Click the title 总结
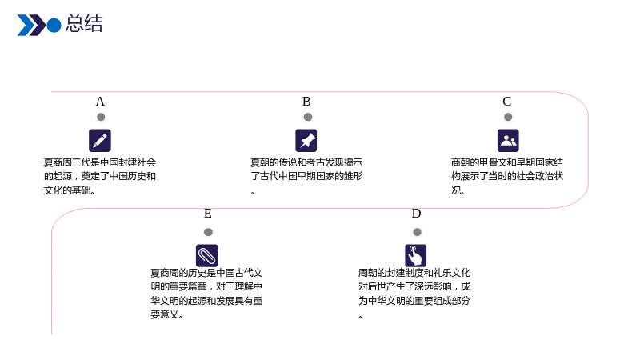click(x=84, y=24)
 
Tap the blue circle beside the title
click(x=54, y=26)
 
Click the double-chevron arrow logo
click(x=31, y=26)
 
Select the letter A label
click(x=100, y=102)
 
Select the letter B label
click(x=306, y=102)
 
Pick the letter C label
click(x=507, y=102)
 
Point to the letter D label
click(x=416, y=214)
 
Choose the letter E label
click(x=208, y=214)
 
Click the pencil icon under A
click(x=100, y=141)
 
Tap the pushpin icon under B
click(x=306, y=141)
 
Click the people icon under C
click(x=508, y=141)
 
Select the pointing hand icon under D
click(x=415, y=255)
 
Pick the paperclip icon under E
click(x=207, y=255)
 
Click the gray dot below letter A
click(x=101, y=117)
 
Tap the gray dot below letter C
click(x=508, y=117)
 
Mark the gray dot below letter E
click(x=208, y=232)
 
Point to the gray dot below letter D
click(x=417, y=232)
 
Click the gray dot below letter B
click(x=308, y=117)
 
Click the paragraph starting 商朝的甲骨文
click(x=507, y=176)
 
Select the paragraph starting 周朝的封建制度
click(x=414, y=294)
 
